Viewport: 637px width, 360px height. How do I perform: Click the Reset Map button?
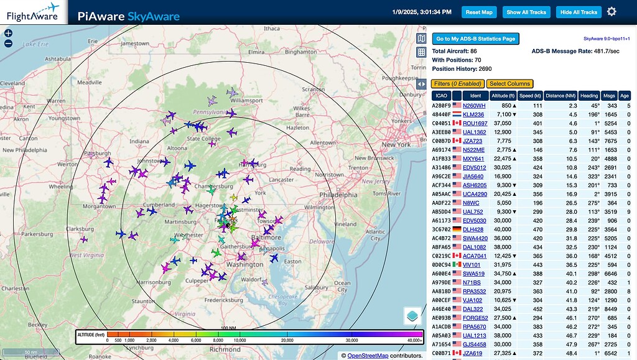(479, 12)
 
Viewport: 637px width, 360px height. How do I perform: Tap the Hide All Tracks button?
(579, 12)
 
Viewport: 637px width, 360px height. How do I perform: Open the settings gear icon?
(611, 12)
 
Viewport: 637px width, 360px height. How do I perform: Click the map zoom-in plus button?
(8, 33)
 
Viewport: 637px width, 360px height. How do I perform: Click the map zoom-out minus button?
(8, 44)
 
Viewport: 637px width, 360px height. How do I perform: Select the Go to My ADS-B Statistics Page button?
(475, 39)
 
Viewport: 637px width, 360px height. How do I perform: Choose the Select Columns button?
(509, 84)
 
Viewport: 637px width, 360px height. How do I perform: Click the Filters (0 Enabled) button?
(457, 84)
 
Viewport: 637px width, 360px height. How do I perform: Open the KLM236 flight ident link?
(473, 114)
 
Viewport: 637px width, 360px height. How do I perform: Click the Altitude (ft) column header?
(503, 96)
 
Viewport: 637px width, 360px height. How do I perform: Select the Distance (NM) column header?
(560, 96)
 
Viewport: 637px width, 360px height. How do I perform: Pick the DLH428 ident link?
(473, 229)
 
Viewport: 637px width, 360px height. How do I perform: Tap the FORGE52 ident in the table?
(476, 318)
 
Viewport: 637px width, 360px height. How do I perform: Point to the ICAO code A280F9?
(441, 106)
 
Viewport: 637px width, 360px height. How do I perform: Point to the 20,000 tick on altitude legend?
(287, 341)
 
